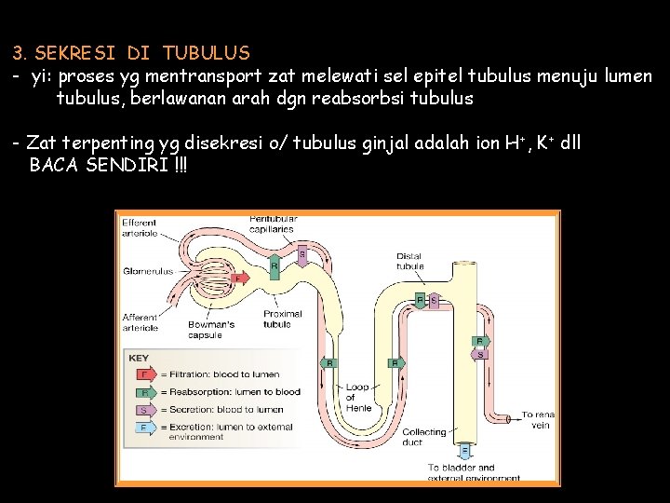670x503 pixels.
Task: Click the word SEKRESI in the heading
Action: [70, 53]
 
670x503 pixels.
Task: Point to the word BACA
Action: [54, 165]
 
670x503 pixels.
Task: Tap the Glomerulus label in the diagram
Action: [147, 271]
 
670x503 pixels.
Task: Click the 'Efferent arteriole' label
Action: [140, 228]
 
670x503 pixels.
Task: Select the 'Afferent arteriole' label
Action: [140, 322]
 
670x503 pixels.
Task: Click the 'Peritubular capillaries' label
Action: [271, 224]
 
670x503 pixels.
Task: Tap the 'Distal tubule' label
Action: [409, 261]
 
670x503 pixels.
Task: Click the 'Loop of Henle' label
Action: [358, 398]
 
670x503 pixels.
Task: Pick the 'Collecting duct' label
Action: [424, 437]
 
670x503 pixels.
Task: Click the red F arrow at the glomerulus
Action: [239, 278]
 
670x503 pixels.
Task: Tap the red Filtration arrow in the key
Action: [144, 374]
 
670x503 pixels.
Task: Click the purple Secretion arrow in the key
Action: [144, 410]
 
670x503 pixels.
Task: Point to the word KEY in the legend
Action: [139, 358]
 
